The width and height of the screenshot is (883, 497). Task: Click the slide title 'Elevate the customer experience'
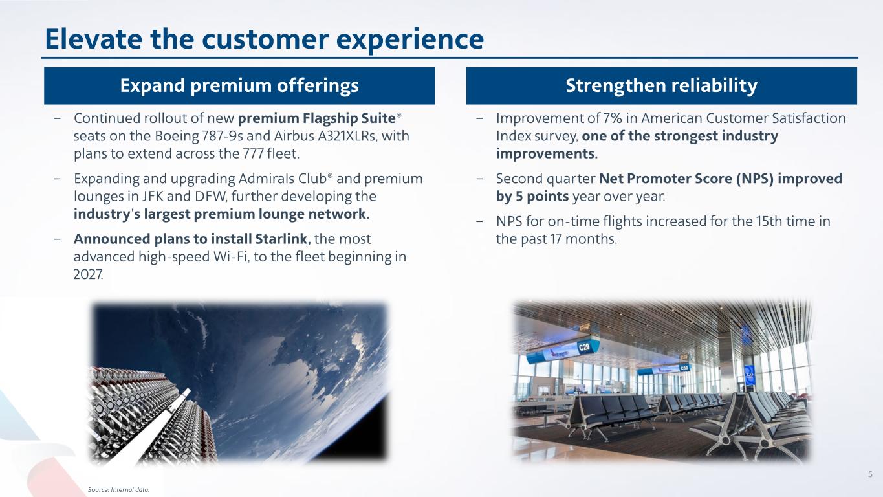point(264,39)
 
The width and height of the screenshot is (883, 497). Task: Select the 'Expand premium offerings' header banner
point(239,85)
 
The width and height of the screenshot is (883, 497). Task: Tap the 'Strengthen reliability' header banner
point(662,85)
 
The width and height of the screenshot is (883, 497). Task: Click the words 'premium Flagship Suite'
point(316,118)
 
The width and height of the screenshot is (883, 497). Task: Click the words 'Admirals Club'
point(283,179)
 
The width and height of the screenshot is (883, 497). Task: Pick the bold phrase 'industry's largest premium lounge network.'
point(221,214)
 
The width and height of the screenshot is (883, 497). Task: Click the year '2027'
point(88,274)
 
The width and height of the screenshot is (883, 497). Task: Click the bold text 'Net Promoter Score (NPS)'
point(686,179)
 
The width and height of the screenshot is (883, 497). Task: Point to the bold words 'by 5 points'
point(532,197)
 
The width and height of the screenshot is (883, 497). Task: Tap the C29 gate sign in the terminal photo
point(583,347)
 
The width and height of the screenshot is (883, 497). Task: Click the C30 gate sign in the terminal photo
point(684,368)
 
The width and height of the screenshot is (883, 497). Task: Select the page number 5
point(870,474)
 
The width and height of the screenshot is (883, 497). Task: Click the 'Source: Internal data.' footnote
point(118,489)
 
